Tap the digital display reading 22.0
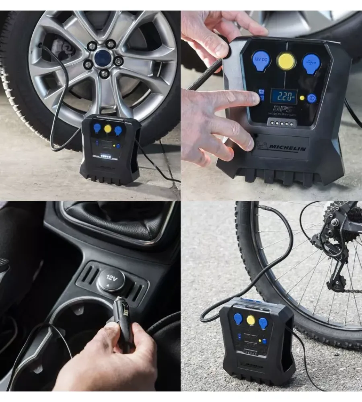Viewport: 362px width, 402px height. [284, 96]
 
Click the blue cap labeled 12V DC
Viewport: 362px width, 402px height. [261, 61]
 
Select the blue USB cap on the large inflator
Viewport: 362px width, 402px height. [311, 63]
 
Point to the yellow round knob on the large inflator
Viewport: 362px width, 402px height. [286, 61]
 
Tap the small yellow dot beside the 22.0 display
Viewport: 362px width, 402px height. [302, 98]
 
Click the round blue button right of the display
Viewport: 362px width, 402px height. [312, 98]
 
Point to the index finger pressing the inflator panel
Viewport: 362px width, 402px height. [237, 98]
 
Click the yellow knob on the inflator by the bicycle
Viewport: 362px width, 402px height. [251, 320]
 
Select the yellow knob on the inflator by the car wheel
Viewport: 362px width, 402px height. [108, 129]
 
